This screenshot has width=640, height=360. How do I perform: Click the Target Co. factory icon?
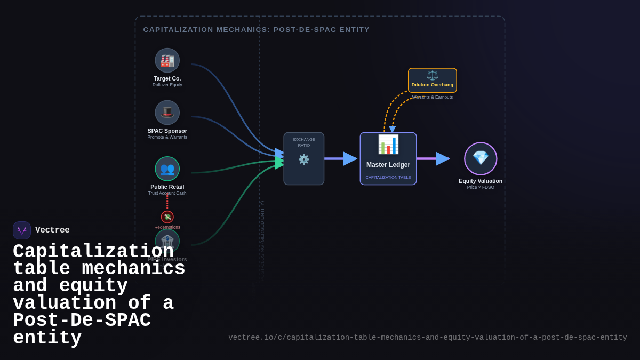(167, 60)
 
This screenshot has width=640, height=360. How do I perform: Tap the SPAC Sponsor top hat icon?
(167, 113)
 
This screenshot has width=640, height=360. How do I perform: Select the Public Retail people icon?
(167, 169)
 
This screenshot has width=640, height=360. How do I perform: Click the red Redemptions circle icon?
(167, 217)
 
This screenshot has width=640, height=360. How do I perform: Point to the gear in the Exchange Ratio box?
(303, 159)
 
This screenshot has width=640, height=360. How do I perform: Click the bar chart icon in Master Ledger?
(388, 145)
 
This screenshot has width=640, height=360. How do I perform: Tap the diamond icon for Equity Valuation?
(481, 158)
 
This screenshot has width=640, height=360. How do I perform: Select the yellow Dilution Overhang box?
(432, 81)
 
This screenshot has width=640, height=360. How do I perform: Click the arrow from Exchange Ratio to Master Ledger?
(341, 158)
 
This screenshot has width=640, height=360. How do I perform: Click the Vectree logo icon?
(22, 230)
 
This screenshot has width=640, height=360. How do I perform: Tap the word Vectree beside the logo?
(52, 230)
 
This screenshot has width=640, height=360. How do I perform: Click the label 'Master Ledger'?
(388, 165)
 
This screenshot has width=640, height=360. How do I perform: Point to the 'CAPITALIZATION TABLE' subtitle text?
(388, 177)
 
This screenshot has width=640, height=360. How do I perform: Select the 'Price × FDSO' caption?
(481, 187)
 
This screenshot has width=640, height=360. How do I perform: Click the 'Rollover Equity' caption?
(167, 85)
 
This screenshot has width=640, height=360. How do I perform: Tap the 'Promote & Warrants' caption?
(167, 137)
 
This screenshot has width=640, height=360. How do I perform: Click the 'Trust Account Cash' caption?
(167, 193)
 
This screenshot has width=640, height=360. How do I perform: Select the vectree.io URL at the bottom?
(427, 338)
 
